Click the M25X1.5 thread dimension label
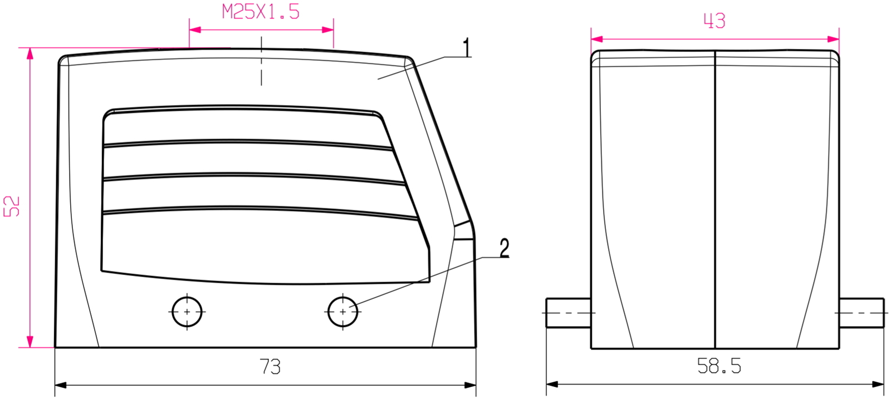pos(261,12)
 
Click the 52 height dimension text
pos(12,206)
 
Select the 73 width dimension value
pos(270,367)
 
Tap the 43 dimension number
pos(714,21)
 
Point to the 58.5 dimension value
pos(719,366)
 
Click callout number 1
pos(467,48)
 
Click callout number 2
pos(504,248)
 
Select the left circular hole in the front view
pos(187,312)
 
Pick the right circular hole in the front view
pos(342,312)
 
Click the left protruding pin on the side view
pos(568,313)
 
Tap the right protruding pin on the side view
pos(861,313)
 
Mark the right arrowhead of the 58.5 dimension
pos(878,384)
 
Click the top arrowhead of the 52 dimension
pos(30,53)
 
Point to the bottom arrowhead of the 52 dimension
pos(30,342)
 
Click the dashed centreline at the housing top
pos(261,61)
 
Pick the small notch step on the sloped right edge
pos(464,231)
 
